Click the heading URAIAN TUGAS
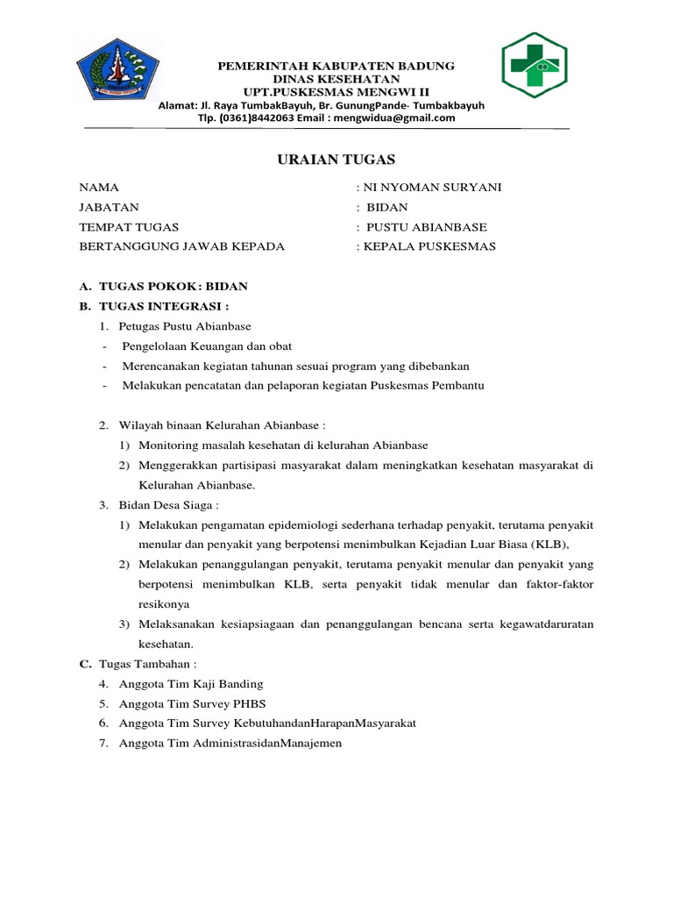336,159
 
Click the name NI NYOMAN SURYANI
432,188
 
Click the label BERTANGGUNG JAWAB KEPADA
182,246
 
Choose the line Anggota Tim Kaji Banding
192,683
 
